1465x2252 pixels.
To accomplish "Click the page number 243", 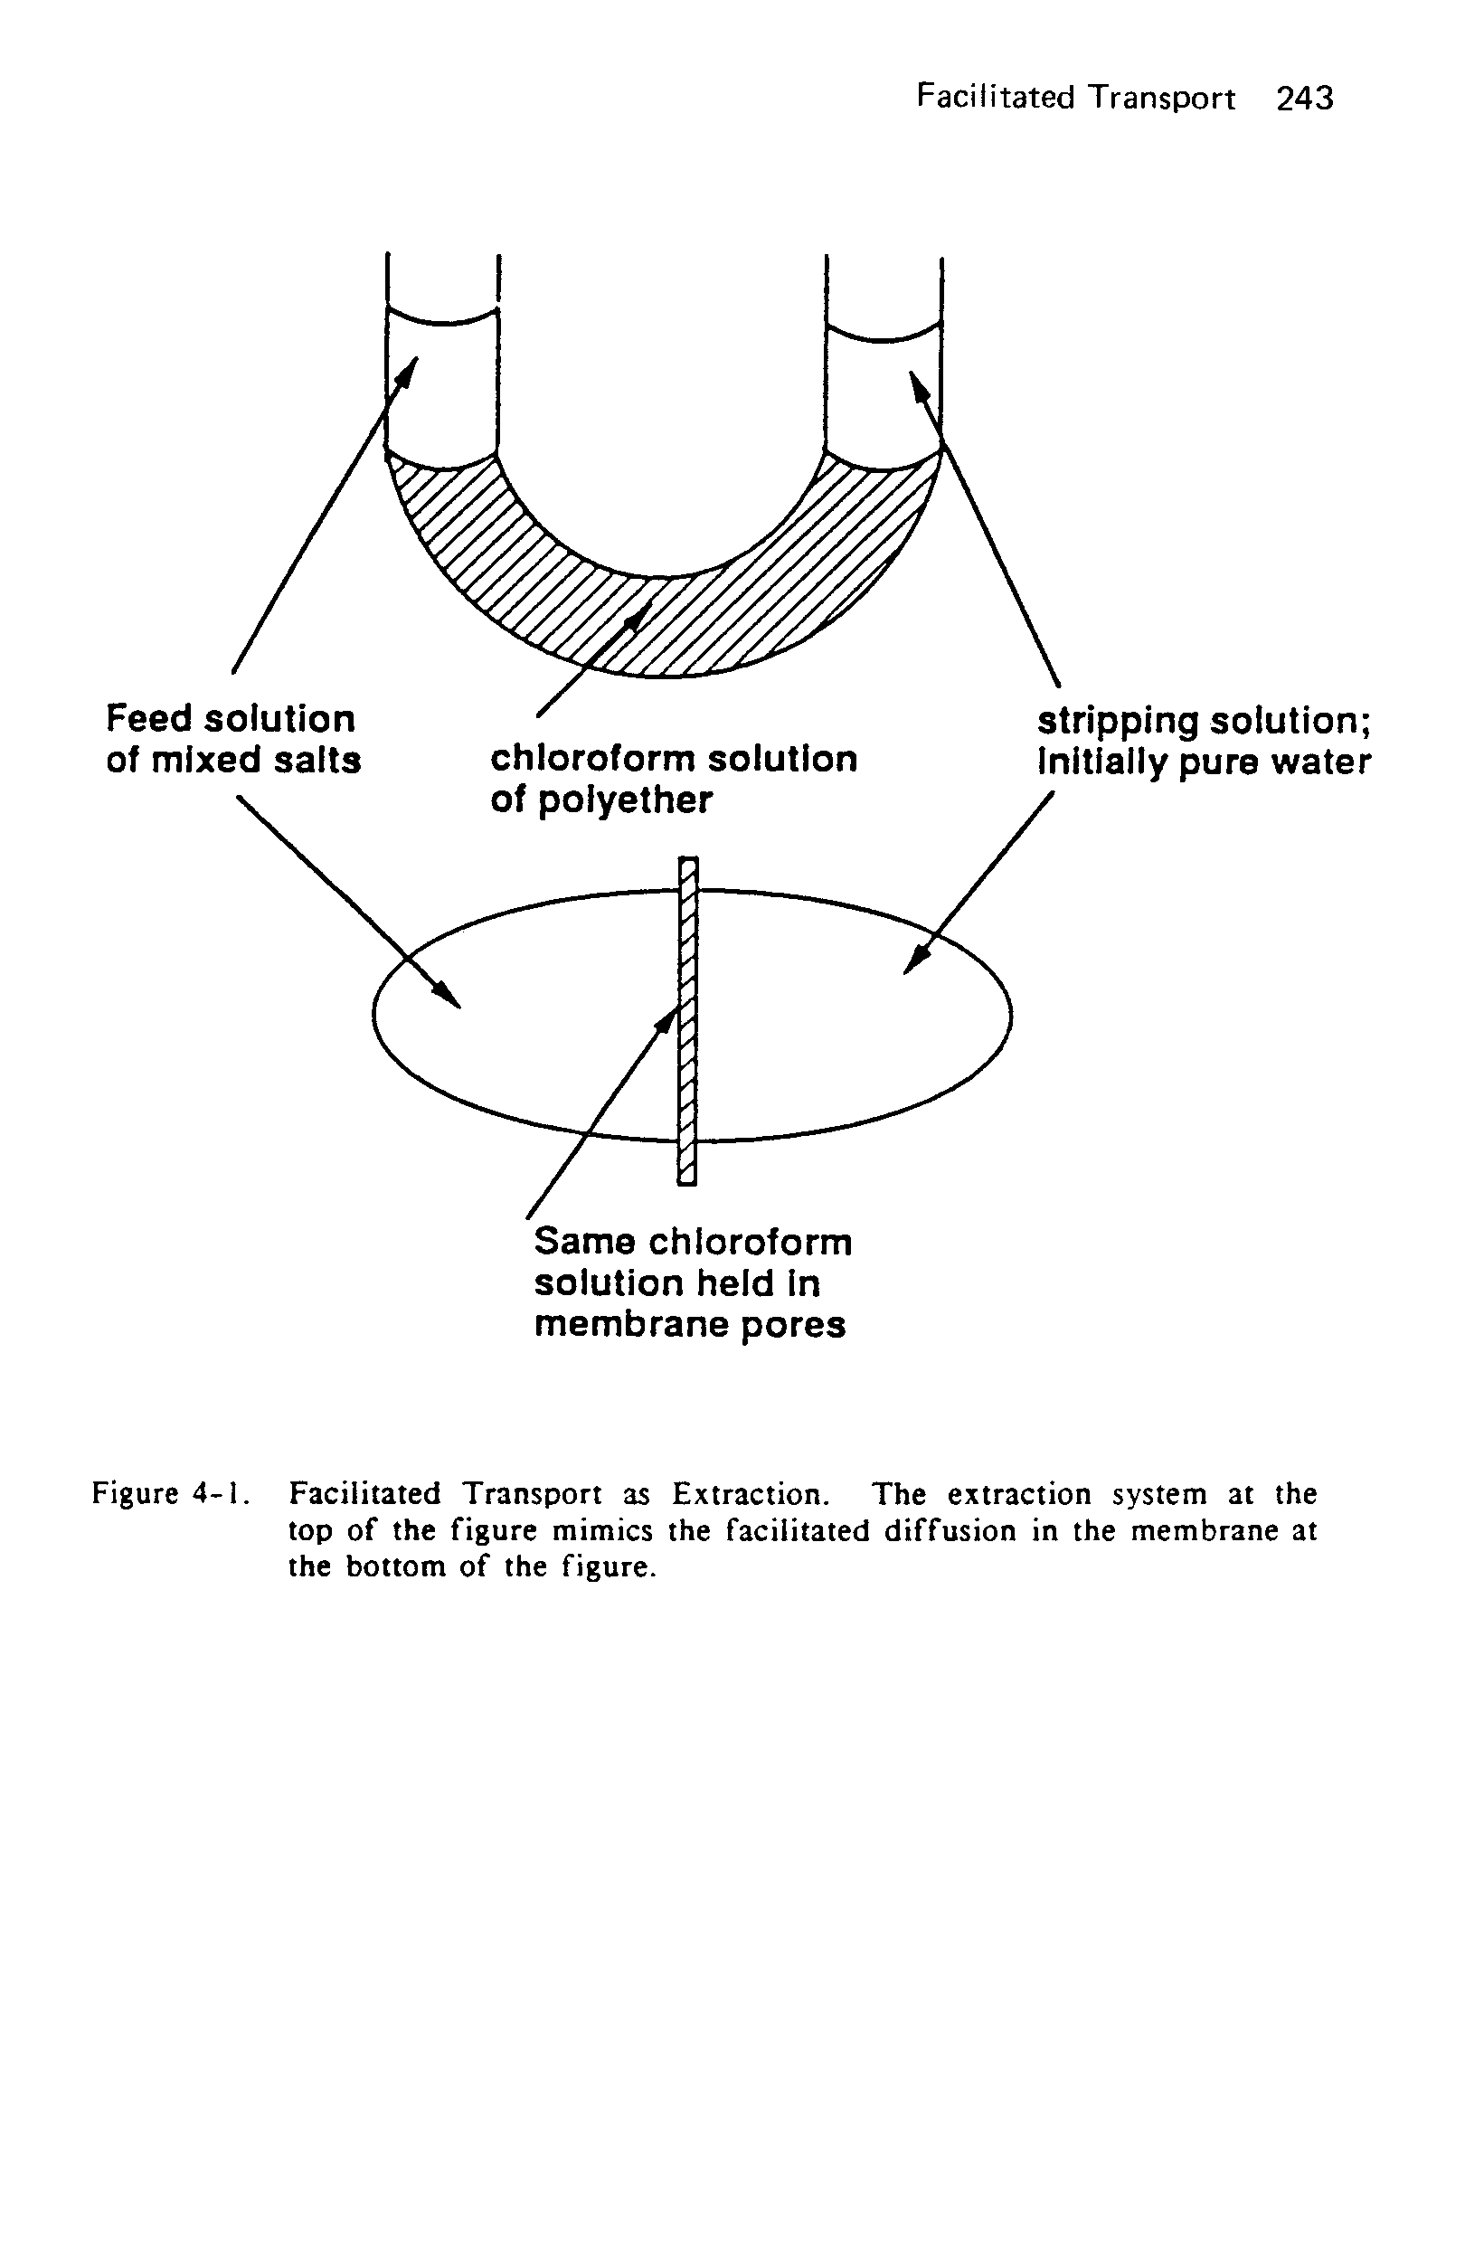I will click(1304, 99).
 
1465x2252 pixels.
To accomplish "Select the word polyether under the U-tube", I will click(625, 801).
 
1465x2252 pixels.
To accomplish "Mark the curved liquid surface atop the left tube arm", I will click(442, 319).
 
